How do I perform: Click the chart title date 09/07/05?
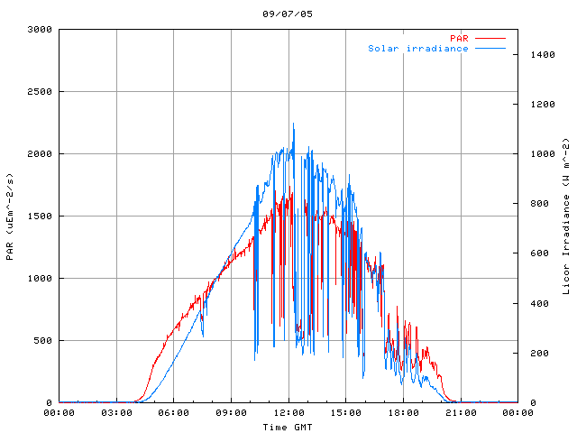288,14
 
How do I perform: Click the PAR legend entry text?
460,38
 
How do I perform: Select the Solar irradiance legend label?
418,48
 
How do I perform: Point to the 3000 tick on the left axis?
40,30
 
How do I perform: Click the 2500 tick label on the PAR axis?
40,92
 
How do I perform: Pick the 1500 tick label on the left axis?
40,216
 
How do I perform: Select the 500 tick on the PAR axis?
42,341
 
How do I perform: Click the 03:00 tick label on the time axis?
116,413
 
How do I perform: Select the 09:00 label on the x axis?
231,413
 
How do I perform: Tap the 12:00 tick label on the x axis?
288,413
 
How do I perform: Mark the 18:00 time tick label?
403,413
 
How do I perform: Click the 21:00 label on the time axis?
461,413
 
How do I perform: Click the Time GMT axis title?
288,426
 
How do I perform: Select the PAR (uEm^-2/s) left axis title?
10,216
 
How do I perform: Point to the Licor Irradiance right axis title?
567,216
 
